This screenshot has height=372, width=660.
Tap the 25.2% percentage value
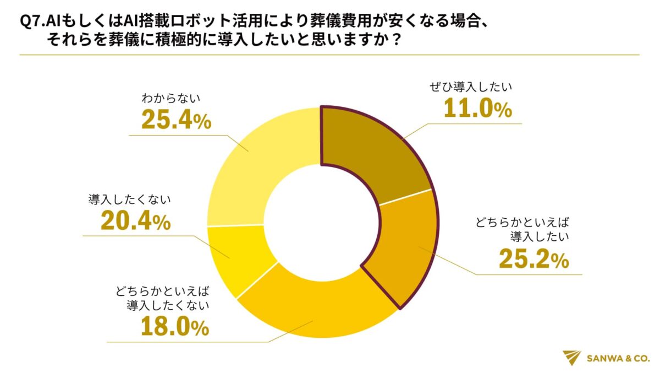coord(533,260)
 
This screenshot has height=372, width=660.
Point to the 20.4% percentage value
coord(135,221)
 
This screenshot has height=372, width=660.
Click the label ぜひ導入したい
coord(472,87)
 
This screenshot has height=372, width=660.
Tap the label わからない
coord(170,99)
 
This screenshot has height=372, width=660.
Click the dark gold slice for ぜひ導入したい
coord(374,149)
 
